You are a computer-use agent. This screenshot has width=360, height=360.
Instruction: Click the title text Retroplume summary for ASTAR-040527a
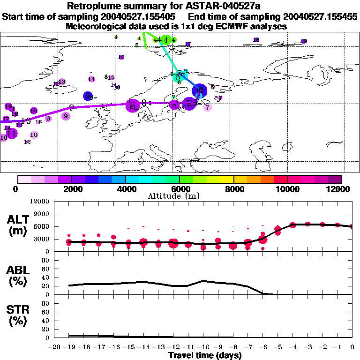coord(180,6)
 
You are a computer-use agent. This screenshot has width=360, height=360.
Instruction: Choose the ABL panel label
coord(18,276)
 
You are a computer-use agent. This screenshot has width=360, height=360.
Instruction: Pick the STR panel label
coord(18,315)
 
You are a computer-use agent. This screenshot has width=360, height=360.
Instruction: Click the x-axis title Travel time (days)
coord(205,355)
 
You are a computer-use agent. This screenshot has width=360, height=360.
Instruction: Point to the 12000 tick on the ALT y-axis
coord(41,202)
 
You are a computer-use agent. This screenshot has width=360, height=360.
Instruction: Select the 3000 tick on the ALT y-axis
coord(43,239)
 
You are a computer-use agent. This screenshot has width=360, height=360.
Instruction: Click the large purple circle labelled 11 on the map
coord(12,133)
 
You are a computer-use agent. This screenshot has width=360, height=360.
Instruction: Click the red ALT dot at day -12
coord(173,243)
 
